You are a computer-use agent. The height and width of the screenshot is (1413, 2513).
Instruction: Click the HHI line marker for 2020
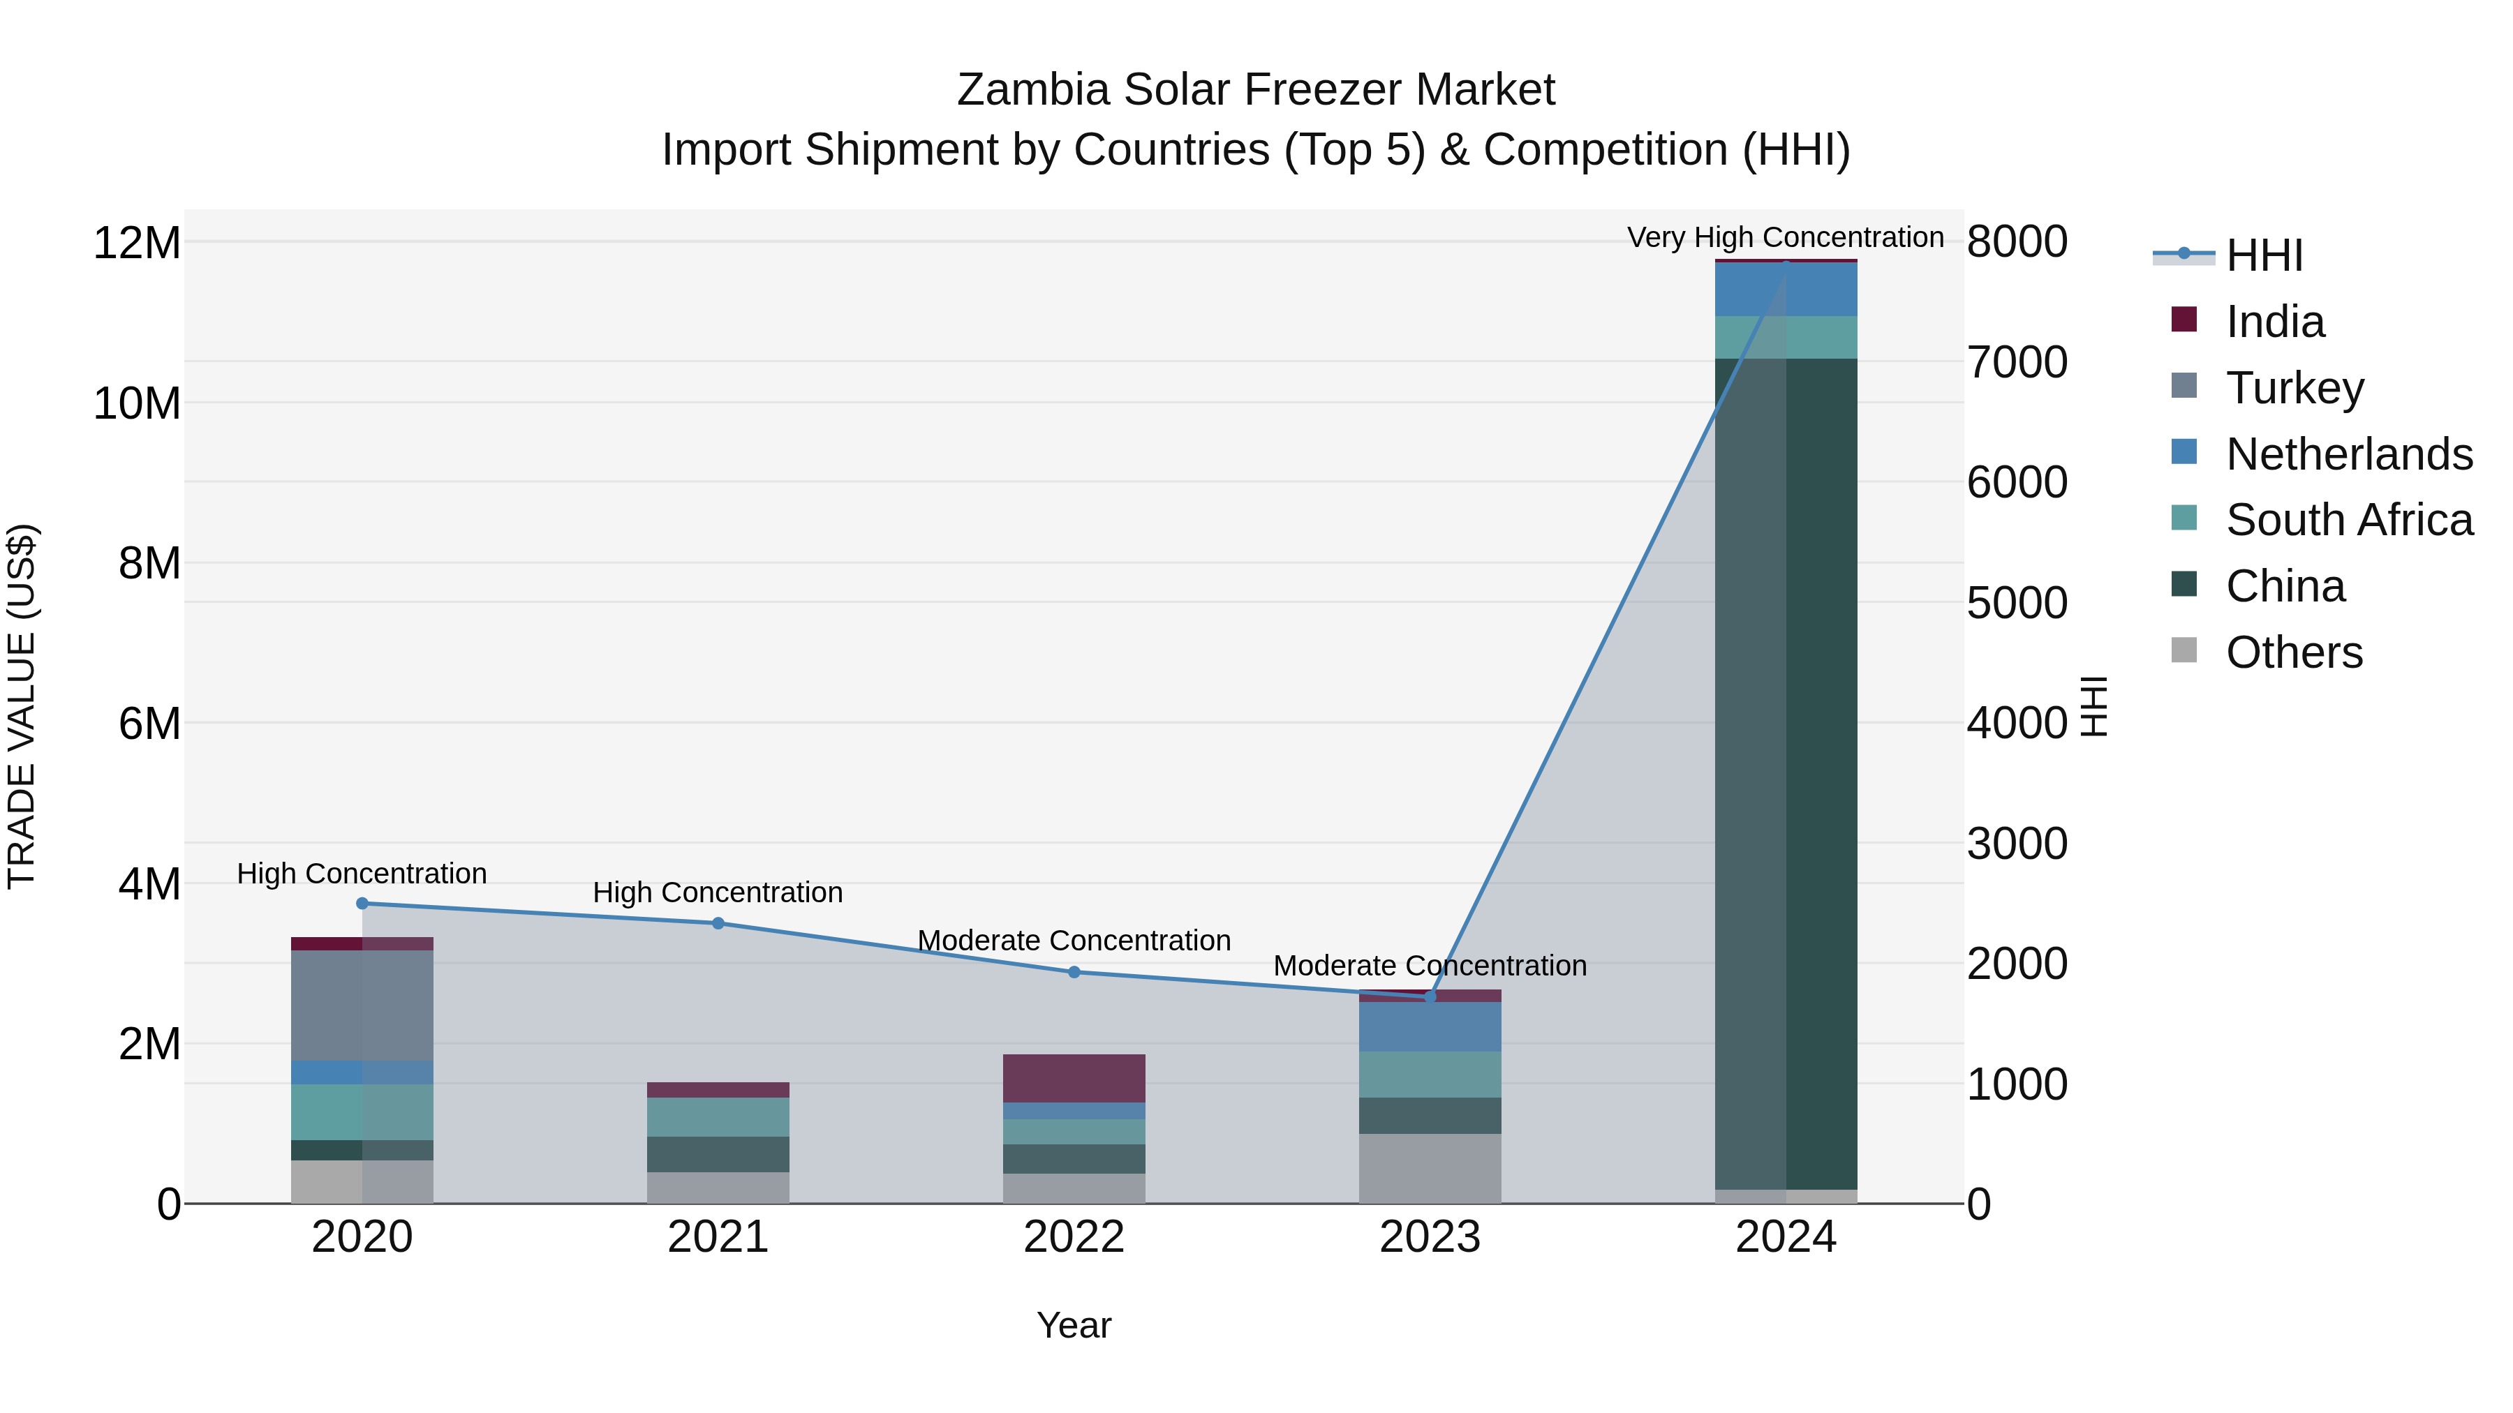[x=362, y=903]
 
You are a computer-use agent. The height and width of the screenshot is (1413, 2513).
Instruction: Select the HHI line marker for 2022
[x=1074, y=972]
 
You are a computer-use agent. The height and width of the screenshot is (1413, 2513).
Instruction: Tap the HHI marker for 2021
[x=718, y=923]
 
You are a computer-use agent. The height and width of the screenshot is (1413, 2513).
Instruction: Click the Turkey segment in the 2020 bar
[x=362, y=1005]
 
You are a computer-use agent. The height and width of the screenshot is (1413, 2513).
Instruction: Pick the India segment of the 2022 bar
[x=1074, y=1079]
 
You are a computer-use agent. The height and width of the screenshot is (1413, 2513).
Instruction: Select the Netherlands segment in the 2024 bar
[x=1786, y=290]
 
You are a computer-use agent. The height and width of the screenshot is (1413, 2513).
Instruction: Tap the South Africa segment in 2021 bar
[x=718, y=1118]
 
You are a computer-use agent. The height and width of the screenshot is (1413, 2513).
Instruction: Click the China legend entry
[x=2285, y=586]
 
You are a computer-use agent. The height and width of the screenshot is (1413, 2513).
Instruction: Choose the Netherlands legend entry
[x=2349, y=454]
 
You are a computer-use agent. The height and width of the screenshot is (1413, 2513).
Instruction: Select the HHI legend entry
[x=2263, y=255]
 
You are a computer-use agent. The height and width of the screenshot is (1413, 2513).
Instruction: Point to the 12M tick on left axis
[x=137, y=243]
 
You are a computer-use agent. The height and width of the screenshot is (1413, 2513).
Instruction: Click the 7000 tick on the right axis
[x=2017, y=363]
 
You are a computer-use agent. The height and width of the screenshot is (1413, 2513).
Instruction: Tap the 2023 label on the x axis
[x=1430, y=1237]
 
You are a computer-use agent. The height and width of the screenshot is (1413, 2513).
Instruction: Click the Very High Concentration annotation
[x=1785, y=237]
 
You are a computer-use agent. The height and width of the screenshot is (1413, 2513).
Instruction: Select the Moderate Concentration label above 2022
[x=1074, y=941]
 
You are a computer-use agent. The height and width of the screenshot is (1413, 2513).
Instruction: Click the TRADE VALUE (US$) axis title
[x=22, y=706]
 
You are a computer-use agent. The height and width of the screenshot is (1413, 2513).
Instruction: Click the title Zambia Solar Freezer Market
[x=1256, y=90]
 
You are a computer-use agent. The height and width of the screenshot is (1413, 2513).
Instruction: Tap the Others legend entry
[x=2294, y=652]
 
